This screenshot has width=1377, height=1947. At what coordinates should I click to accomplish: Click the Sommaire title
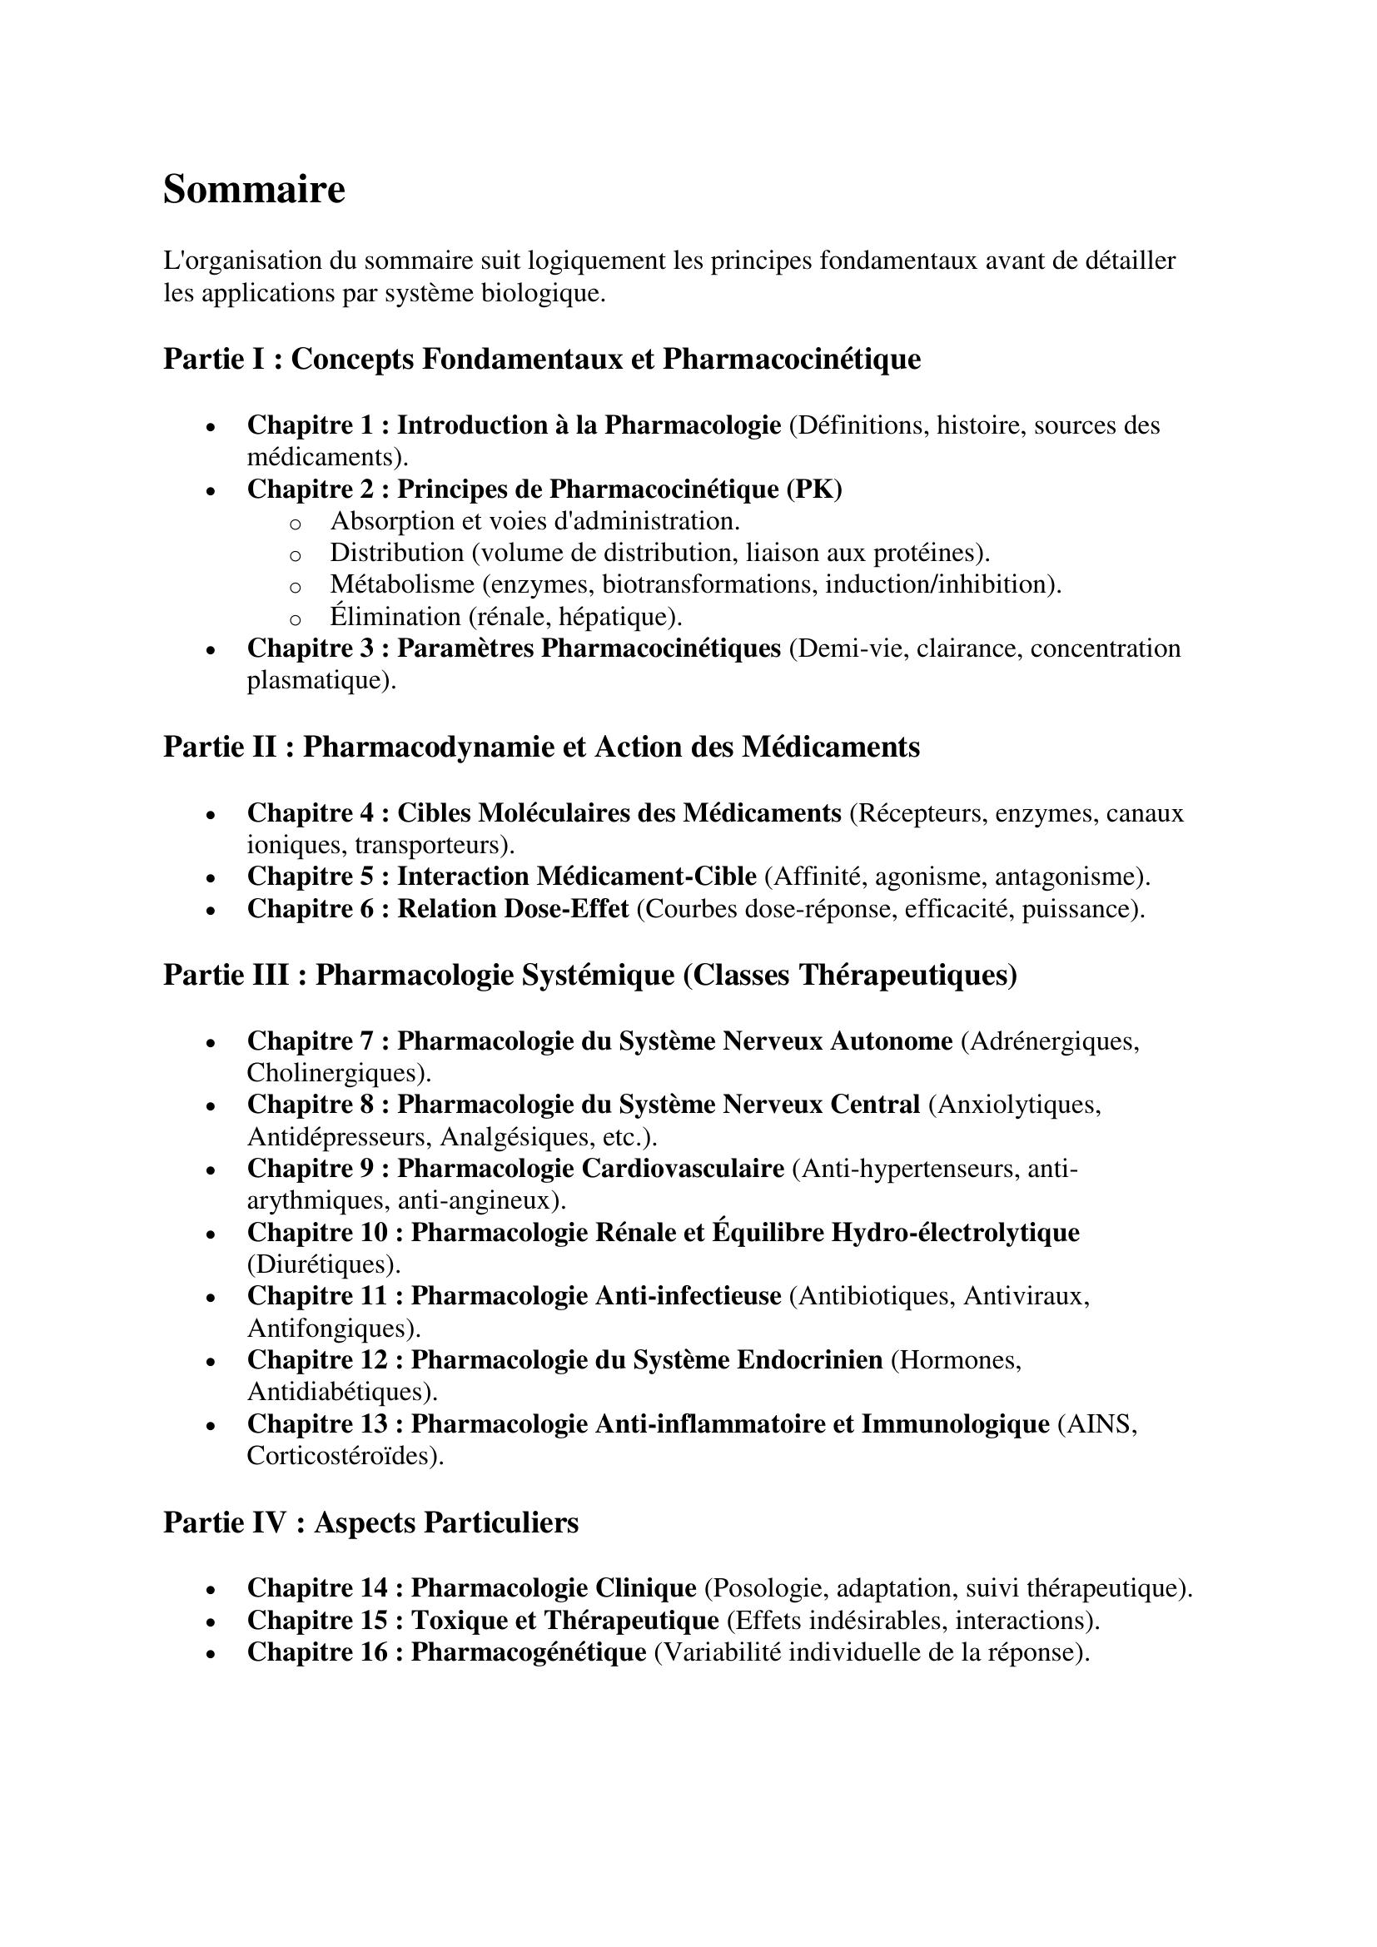coord(254,189)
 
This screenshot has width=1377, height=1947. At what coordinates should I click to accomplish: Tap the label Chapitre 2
coord(310,489)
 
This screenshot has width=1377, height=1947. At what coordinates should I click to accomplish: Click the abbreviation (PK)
coord(814,489)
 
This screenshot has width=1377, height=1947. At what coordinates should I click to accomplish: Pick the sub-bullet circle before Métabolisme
coord(295,586)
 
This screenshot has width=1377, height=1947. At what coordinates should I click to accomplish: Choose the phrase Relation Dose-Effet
coord(513,909)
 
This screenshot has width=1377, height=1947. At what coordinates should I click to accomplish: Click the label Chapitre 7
coord(310,1041)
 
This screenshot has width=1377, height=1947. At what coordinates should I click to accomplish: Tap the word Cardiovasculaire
coord(682,1169)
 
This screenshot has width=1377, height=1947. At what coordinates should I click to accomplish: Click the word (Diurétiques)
coord(323,1264)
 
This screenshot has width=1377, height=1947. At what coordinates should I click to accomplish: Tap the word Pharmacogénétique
coord(529,1653)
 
